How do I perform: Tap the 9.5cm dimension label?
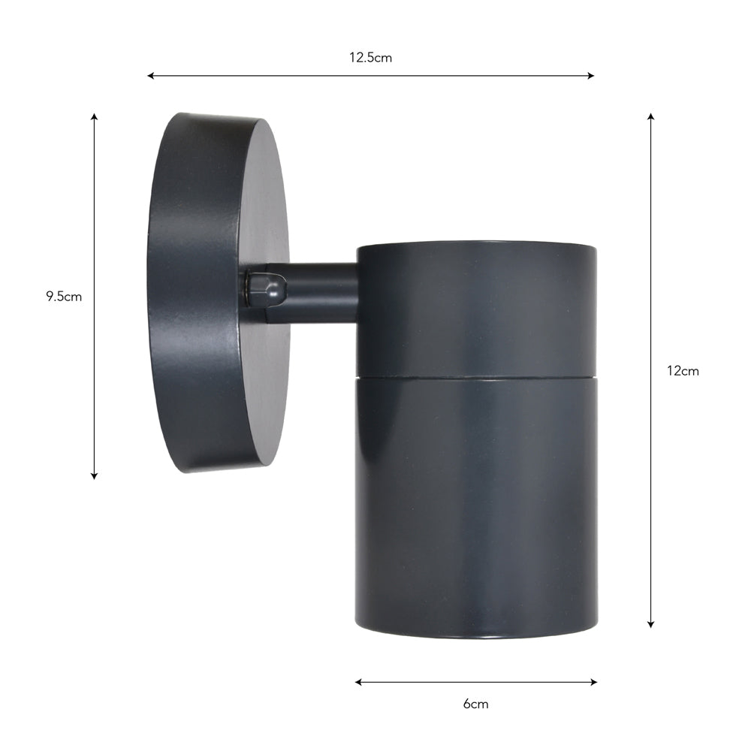(64, 296)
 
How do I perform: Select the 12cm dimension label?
(683, 370)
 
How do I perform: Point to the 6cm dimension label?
(475, 704)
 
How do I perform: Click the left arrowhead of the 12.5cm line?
(150, 76)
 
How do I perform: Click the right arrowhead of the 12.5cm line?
(591, 76)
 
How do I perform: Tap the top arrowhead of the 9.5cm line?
(94, 117)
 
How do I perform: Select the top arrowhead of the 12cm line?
(650, 117)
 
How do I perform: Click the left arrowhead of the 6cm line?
(359, 682)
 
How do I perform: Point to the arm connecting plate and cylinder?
(323, 292)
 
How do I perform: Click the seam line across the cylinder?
(477, 376)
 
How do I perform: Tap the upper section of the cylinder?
(477, 308)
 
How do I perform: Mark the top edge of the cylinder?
(477, 243)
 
